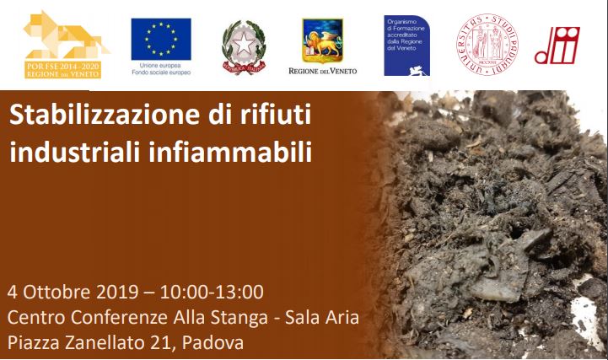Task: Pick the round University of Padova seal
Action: [486, 45]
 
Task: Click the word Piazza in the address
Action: [30, 344]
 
